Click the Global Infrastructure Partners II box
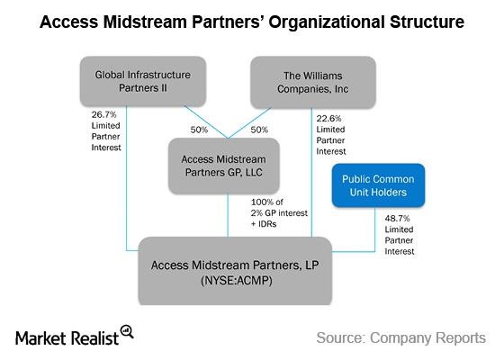coord(143,82)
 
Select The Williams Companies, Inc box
coord(313,82)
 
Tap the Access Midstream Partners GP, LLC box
coord(224,166)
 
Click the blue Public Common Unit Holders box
coord(378,185)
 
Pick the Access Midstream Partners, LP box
coord(235,271)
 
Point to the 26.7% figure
coord(103,115)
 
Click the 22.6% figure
coord(328,119)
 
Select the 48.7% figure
coord(397,219)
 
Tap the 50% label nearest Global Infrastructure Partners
coord(199,130)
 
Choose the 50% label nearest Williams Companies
coord(259,130)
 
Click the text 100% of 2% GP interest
coord(279,208)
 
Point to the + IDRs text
coord(264,224)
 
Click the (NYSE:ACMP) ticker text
coord(237,281)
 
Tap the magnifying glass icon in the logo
coord(127,331)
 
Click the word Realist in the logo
coord(94,338)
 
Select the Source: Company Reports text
coord(401,338)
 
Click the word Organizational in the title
coord(327,22)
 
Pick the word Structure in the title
coord(427,22)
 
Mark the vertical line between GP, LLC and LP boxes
coord(228,215)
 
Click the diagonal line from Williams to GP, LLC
coord(250,123)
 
